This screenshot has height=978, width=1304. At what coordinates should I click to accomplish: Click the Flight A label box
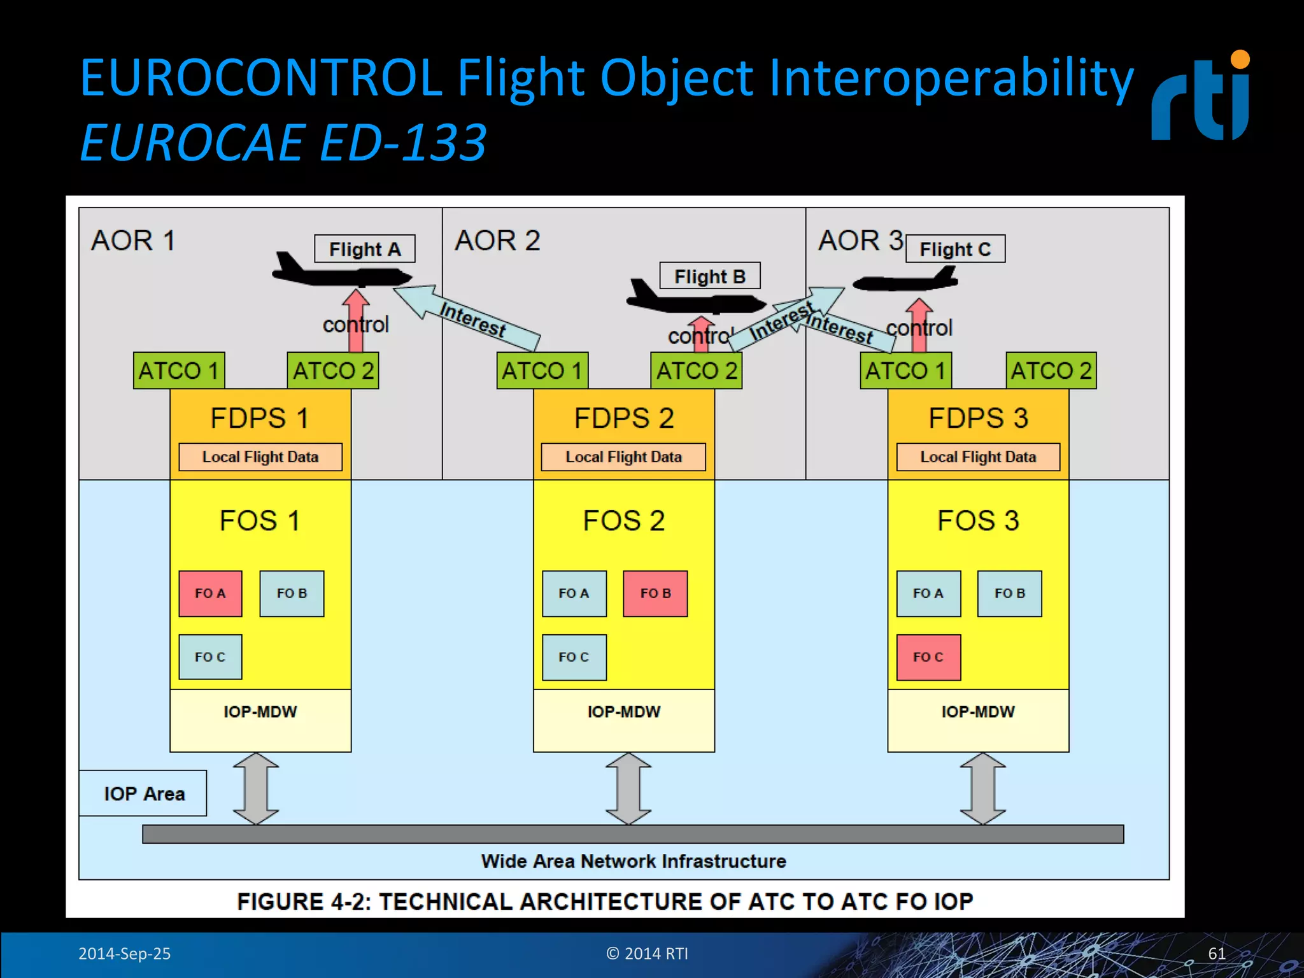[x=364, y=248]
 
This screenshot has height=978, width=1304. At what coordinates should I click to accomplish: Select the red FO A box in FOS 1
[x=210, y=593]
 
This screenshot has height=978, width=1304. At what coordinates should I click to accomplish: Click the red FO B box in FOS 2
[x=655, y=593]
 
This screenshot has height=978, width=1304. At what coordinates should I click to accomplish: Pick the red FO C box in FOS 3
[x=928, y=657]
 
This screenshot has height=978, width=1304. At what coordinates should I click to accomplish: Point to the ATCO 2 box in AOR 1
[x=332, y=371]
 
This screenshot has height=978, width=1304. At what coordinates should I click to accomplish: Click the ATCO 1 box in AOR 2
[x=542, y=371]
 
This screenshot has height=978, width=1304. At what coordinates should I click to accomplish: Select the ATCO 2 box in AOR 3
[x=1051, y=371]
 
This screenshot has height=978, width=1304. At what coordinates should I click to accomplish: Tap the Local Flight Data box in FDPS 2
[x=623, y=457]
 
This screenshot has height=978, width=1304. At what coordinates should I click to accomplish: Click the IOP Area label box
[x=143, y=793]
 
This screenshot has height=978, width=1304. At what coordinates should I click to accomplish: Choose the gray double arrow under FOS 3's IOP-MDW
[x=982, y=788]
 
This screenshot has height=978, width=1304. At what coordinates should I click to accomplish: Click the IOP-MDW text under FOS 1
[x=260, y=712]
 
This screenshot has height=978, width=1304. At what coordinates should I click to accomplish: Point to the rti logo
[x=1200, y=99]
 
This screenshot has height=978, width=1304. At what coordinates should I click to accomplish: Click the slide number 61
[x=1216, y=953]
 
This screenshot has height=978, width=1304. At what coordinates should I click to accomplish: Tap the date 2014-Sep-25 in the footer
[x=124, y=953]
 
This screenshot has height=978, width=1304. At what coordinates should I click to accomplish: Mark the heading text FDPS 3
[x=978, y=418]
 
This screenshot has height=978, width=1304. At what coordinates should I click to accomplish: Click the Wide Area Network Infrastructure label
[x=634, y=861]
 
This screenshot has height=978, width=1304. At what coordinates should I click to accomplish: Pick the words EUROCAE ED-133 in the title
[x=283, y=143]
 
